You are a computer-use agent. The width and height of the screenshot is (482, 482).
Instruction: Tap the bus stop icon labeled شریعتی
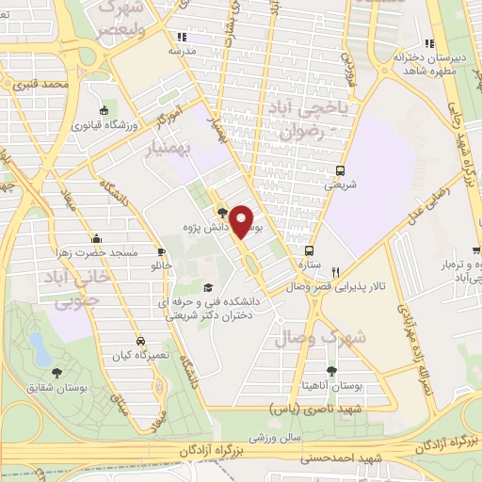click(340, 170)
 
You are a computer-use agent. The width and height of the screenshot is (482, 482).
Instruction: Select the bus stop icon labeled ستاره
click(308, 250)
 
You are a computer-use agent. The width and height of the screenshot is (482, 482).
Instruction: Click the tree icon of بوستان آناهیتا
click(331, 371)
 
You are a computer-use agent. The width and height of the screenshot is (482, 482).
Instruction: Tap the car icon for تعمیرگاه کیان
click(140, 341)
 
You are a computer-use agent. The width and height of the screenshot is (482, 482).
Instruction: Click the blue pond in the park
click(40, 347)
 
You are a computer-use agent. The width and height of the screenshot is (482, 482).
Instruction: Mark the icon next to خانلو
click(162, 251)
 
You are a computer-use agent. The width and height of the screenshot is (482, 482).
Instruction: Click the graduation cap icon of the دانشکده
click(207, 287)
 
